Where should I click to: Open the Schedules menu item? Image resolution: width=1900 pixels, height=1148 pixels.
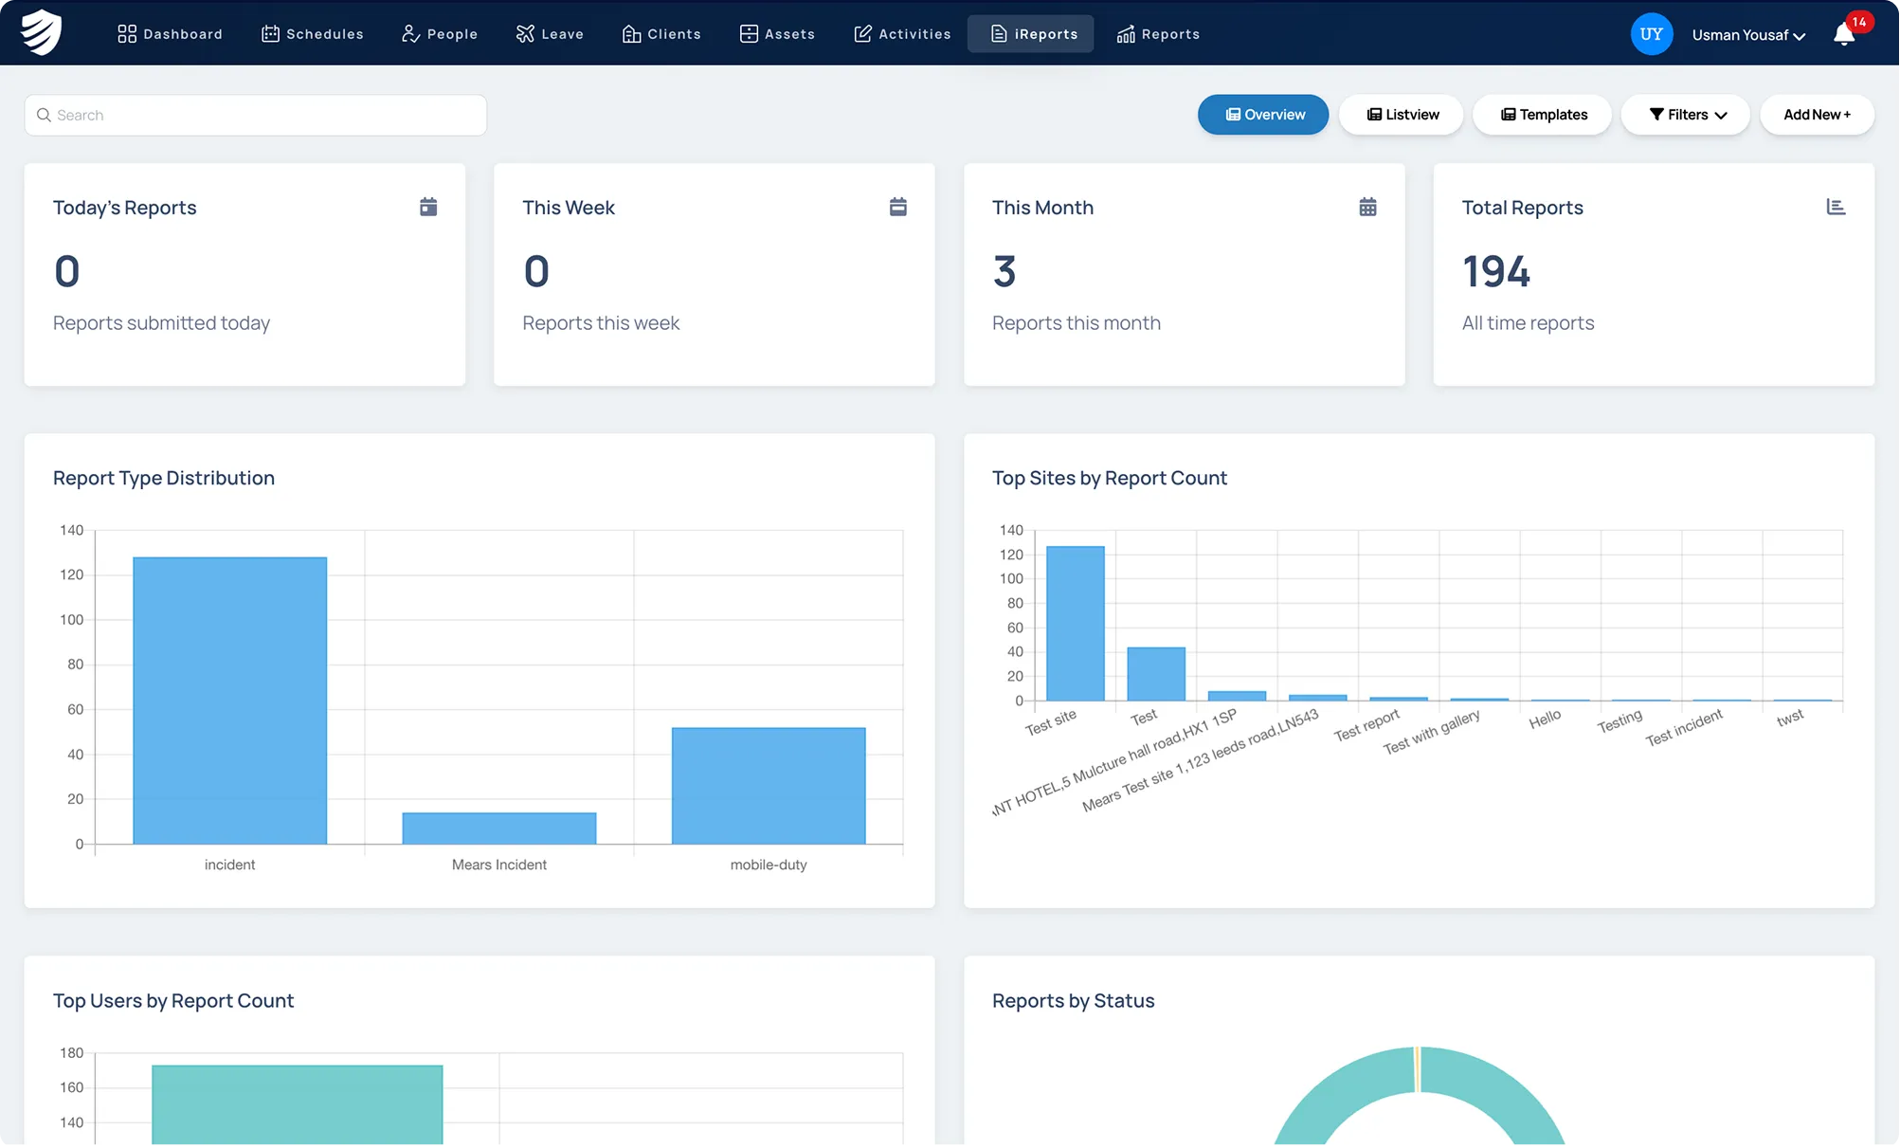point(313,34)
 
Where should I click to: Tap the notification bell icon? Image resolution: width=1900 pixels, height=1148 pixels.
point(1844,35)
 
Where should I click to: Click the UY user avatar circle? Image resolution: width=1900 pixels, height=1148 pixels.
point(1651,34)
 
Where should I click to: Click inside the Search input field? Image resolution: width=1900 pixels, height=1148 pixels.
point(256,115)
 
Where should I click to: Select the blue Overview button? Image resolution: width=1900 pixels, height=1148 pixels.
point(1263,115)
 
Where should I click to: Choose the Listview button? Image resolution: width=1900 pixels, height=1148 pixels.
point(1402,115)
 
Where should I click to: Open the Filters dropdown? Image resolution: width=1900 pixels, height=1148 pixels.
point(1686,115)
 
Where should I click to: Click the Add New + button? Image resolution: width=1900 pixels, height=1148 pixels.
point(1817,115)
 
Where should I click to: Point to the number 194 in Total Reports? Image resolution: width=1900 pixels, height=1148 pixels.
point(1496,272)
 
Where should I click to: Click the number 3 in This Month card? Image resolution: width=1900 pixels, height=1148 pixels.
point(1004,272)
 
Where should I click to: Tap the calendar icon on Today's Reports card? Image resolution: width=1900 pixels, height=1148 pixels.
point(428,207)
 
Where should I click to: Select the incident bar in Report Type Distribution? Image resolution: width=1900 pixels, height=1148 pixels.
point(230,701)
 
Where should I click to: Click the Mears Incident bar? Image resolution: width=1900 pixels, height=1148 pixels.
point(499,829)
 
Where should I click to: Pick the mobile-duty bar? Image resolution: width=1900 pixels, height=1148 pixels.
point(769,786)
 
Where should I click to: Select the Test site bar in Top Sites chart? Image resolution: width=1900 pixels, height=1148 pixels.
point(1076,624)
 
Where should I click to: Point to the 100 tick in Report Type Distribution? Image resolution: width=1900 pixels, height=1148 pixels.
point(72,620)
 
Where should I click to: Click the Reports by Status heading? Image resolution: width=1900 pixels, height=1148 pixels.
point(1074,1001)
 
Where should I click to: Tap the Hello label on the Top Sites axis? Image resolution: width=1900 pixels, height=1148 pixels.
point(1545,720)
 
